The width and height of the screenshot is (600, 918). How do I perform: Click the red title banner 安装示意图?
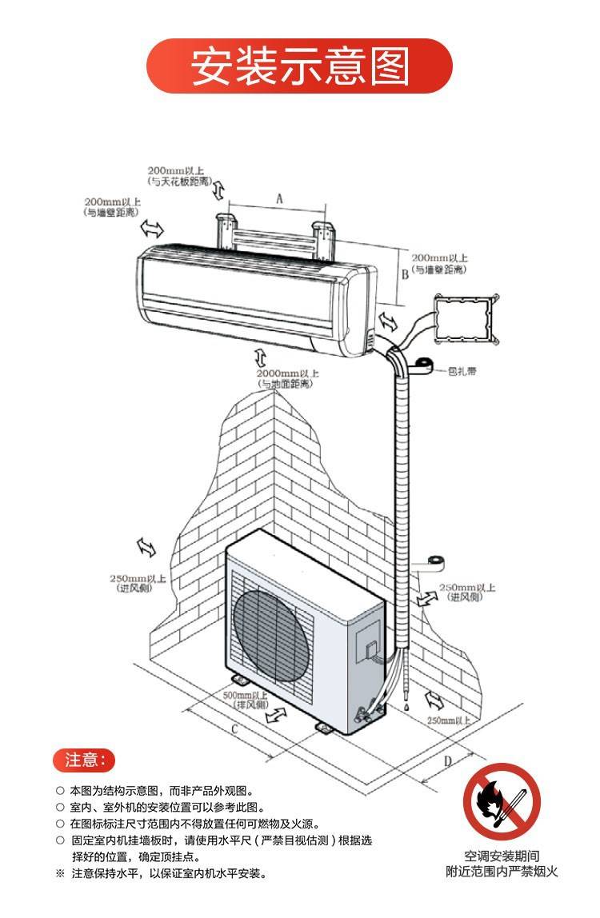pos(299,65)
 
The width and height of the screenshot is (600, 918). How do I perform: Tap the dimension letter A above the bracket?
pos(279,197)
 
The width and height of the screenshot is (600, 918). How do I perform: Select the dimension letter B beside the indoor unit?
pos(406,274)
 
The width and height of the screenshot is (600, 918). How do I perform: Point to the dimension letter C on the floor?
pos(234,728)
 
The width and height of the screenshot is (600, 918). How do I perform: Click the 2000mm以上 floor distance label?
pos(287,373)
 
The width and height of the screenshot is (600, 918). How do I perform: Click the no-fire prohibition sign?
pos(502,801)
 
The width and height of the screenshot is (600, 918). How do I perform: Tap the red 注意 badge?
pos(84,760)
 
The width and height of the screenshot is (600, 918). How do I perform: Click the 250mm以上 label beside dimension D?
pos(449,720)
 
